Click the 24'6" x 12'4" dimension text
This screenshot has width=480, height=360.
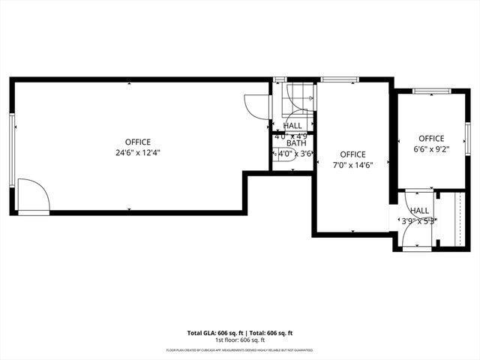tap(138, 152)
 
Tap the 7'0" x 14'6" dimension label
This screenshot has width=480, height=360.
tap(353, 166)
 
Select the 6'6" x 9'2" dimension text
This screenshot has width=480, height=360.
tap(431, 149)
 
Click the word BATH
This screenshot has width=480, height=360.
tap(295, 143)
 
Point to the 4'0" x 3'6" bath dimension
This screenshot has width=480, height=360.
tap(295, 154)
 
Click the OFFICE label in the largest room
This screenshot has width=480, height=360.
tap(138, 142)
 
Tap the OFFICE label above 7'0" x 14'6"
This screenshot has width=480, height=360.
tap(353, 154)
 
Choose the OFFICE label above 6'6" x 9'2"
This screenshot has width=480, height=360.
tap(431, 138)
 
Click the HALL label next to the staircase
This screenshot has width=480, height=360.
tap(293, 126)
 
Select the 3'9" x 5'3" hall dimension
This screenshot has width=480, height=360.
tap(418, 221)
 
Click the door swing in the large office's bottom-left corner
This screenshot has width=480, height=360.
tap(33, 196)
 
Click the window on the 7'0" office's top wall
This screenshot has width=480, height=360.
tap(332, 79)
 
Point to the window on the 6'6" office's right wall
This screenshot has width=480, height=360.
tap(466, 133)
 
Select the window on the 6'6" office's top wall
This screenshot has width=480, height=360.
tap(431, 91)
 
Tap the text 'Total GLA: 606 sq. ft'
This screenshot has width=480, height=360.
tap(213, 332)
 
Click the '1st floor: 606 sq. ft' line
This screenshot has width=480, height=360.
tap(239, 340)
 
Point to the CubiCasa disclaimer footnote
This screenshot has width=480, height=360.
tap(239, 349)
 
